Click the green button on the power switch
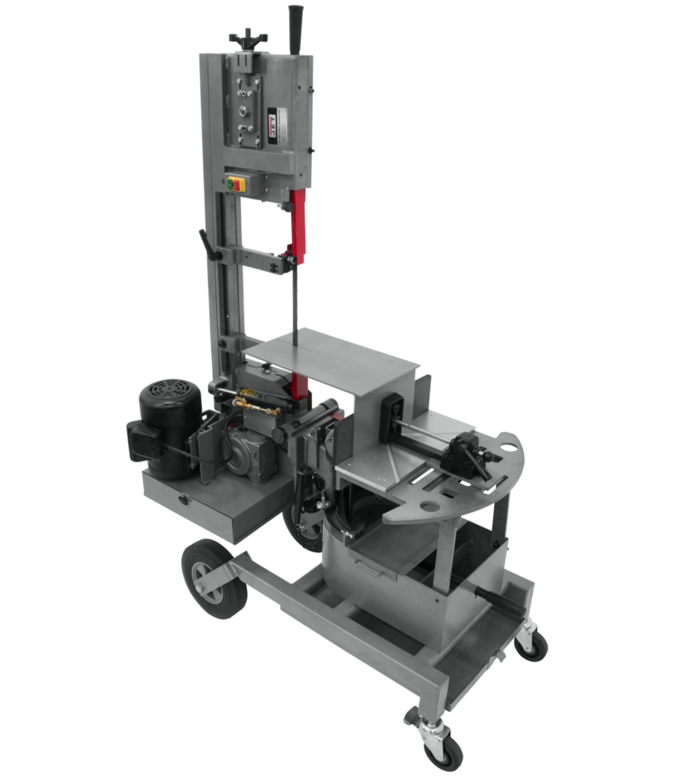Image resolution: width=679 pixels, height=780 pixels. (x=231, y=184)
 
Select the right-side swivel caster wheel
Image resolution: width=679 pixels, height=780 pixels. (x=531, y=643)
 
